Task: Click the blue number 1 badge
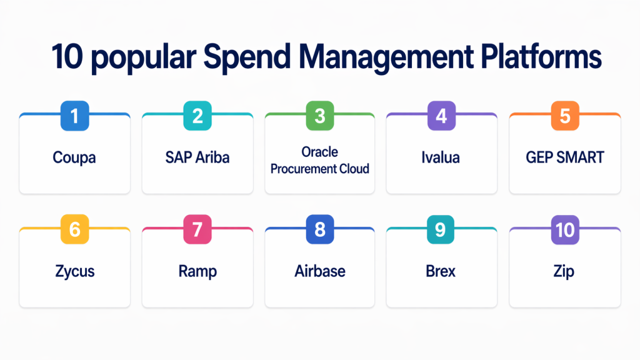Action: pyautogui.click(x=75, y=116)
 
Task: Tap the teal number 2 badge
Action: pyautogui.click(x=197, y=116)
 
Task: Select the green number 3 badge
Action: pyautogui.click(x=320, y=116)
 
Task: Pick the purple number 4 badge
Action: pyautogui.click(x=441, y=116)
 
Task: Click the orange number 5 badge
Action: pyautogui.click(x=565, y=116)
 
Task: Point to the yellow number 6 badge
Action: pyautogui.click(x=75, y=229)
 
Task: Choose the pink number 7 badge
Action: pyautogui.click(x=197, y=229)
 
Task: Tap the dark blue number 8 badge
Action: pyautogui.click(x=320, y=229)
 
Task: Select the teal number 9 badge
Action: pyautogui.click(x=441, y=229)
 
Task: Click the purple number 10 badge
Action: pyautogui.click(x=565, y=229)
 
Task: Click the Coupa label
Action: pyautogui.click(x=74, y=158)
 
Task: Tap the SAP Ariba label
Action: pyautogui.click(x=197, y=157)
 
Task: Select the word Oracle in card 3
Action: pyautogui.click(x=319, y=152)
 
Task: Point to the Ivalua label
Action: pyautogui.click(x=441, y=157)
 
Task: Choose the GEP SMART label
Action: pyautogui.click(x=565, y=157)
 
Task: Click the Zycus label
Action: pyautogui.click(x=75, y=272)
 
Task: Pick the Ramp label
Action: pyautogui.click(x=197, y=272)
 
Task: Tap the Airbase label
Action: pyautogui.click(x=320, y=271)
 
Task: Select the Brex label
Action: pyautogui.click(x=441, y=271)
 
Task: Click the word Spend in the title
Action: pyautogui.click(x=247, y=57)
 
